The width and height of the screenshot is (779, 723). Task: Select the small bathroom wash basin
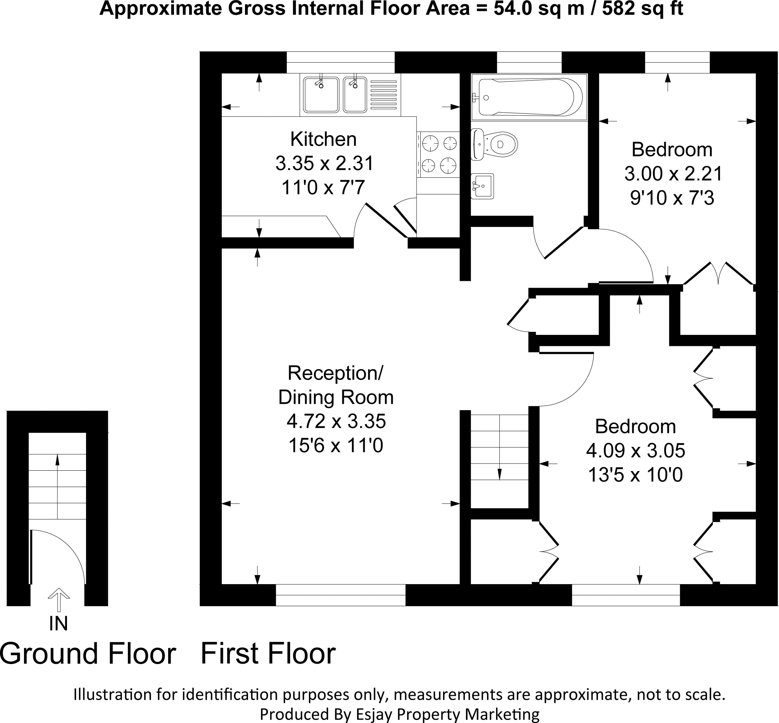(482, 186)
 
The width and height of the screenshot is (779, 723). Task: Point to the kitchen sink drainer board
(383, 95)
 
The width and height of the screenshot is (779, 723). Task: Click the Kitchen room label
(323, 139)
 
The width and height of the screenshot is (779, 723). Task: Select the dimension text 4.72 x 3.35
(336, 421)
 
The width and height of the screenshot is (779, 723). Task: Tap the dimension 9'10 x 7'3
(672, 198)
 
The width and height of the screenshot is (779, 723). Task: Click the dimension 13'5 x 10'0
(635, 475)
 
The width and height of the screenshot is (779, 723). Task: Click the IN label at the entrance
(58, 624)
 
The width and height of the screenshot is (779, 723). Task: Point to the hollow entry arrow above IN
(59, 599)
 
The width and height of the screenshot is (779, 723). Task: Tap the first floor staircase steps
(499, 462)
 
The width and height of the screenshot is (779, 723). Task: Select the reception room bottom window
(340, 595)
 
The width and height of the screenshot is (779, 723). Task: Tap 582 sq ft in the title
(642, 9)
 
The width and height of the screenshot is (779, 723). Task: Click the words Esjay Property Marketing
(448, 713)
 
